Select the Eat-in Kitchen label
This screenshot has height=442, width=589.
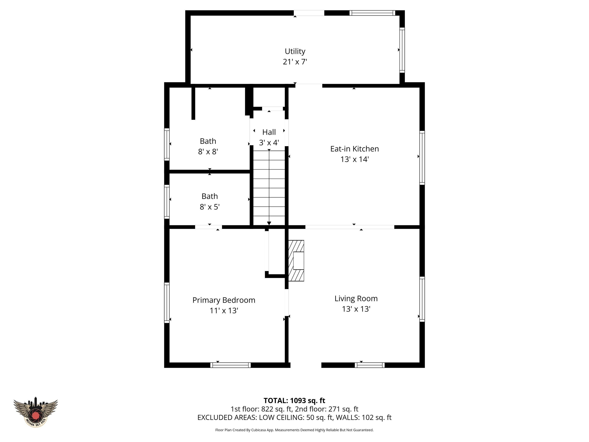[x=354, y=149]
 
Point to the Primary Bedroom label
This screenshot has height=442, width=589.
[x=224, y=300]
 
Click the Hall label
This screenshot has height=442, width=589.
[x=269, y=132]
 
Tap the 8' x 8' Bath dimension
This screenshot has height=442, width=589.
[x=208, y=152]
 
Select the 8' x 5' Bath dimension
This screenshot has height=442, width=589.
[x=210, y=207]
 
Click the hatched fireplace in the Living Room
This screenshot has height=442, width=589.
[x=296, y=261]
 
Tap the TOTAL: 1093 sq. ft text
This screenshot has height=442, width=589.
[x=294, y=400]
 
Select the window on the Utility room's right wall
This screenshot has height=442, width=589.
[x=402, y=50]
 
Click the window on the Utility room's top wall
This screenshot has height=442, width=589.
[x=372, y=13]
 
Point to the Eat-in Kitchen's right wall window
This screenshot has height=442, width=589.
[x=422, y=158]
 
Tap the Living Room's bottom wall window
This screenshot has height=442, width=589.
[x=370, y=365]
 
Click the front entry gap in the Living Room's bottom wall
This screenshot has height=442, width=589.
[x=306, y=365]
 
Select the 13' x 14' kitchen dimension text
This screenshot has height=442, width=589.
[x=354, y=159]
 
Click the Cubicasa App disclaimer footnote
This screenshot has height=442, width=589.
[x=294, y=430]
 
